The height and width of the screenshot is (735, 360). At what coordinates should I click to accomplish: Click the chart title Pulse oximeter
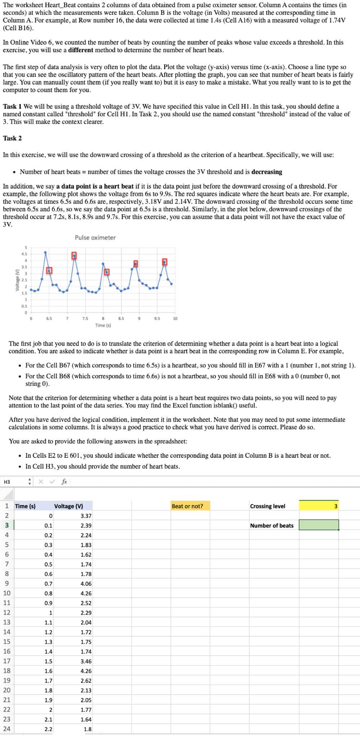[95, 238]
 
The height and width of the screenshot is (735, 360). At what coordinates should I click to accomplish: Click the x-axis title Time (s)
[103, 325]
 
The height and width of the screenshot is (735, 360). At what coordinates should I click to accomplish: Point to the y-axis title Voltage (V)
[17, 280]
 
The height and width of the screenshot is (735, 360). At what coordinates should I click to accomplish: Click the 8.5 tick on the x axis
[121, 319]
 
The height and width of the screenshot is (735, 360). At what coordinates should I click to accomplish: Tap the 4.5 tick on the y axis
[24, 254]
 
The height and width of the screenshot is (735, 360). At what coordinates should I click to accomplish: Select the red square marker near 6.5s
[49, 270]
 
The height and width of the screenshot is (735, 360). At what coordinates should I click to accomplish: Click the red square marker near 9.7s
[165, 262]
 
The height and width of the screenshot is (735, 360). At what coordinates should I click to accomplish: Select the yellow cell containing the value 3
[319, 506]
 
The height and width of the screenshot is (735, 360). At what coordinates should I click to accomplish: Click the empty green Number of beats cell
[319, 525]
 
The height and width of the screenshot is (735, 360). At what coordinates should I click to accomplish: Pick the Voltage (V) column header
[69, 506]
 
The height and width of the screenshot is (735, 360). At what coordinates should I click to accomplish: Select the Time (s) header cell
[25, 506]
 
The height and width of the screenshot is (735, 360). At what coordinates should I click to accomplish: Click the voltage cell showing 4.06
[86, 583]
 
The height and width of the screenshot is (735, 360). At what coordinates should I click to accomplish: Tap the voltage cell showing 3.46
[86, 661]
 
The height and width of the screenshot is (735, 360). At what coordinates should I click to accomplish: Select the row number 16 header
[7, 651]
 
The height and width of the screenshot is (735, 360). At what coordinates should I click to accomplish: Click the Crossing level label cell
[268, 506]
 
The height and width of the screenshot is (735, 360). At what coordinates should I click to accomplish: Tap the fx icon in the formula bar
[64, 482]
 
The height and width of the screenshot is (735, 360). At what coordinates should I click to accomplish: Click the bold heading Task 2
[12, 138]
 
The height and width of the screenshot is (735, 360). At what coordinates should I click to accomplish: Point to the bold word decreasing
[266, 172]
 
